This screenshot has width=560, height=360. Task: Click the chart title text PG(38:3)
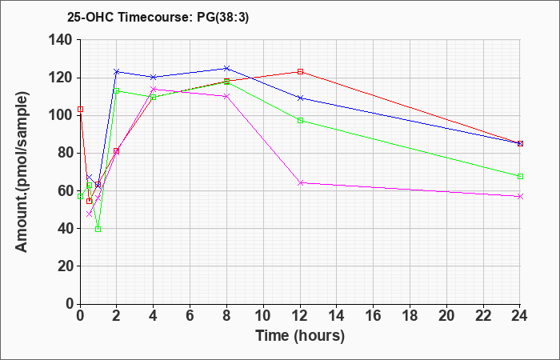pos(222,18)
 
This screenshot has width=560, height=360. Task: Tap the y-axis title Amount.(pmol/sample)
pos(22,172)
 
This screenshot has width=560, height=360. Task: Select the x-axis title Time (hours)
pos(300,336)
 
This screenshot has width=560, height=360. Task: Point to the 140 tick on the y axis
pos(66,40)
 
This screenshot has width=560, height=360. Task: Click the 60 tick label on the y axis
pos(66,190)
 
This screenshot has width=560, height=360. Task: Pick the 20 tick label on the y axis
pos(66,266)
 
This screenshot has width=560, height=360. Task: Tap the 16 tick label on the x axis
pos(374,316)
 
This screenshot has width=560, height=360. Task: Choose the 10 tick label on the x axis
pos(263,316)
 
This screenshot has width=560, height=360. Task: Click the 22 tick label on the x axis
pos(483,316)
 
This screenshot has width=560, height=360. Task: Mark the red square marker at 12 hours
pos(300,71)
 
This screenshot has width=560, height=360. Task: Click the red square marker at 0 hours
pos(80,110)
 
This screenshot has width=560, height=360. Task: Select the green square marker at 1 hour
pos(98,230)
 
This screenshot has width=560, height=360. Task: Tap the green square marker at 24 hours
pos(520,177)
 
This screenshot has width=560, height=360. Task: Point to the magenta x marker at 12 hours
pos(300,183)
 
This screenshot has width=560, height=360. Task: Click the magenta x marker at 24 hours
pos(520,197)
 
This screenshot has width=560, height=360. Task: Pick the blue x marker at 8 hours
pos(226,68)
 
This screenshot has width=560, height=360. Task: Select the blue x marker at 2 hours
pos(117,72)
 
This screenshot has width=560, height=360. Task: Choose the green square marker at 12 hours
pos(300,121)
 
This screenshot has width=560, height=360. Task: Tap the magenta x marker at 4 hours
pos(154,89)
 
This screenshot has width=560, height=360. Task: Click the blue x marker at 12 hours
pos(300,98)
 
